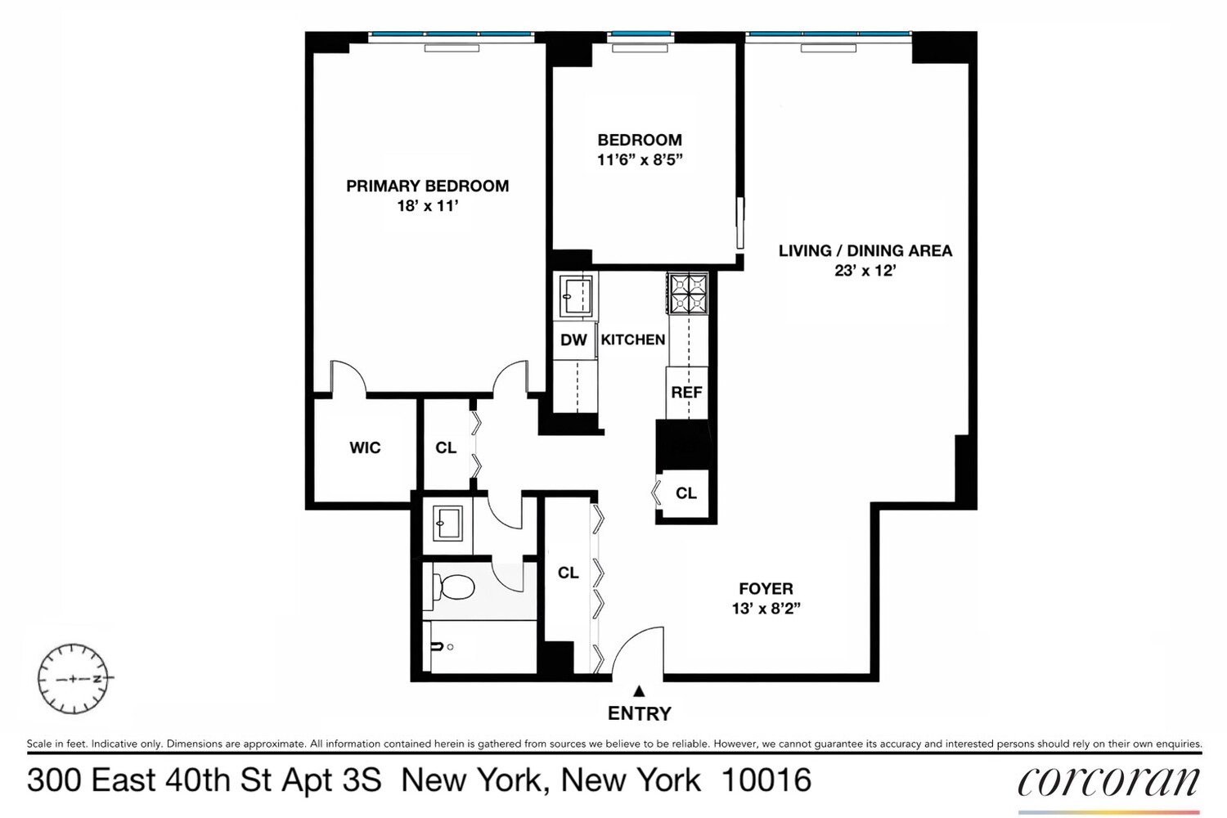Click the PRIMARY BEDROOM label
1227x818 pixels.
coord(427,186)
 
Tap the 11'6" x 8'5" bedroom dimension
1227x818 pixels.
coord(639,160)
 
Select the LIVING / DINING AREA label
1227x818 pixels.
coord(865,250)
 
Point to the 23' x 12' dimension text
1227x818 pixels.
coord(865,270)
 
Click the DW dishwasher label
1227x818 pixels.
coord(573,339)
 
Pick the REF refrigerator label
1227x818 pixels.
coord(686,392)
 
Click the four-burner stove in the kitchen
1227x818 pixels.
coord(687,294)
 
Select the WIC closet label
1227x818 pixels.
coord(365,447)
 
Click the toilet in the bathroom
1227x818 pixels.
coord(455,586)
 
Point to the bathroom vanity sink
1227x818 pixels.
coord(447,522)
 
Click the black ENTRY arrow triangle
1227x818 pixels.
coord(640,691)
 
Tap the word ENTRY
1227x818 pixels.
coord(640,714)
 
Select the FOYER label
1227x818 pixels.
coord(766,588)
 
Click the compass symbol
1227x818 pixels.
coord(73,678)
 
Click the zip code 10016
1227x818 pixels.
coord(766,780)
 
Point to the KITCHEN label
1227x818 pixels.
coord(633,339)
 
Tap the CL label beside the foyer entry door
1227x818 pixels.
coord(569,573)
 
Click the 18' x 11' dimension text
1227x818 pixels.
coord(427,206)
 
